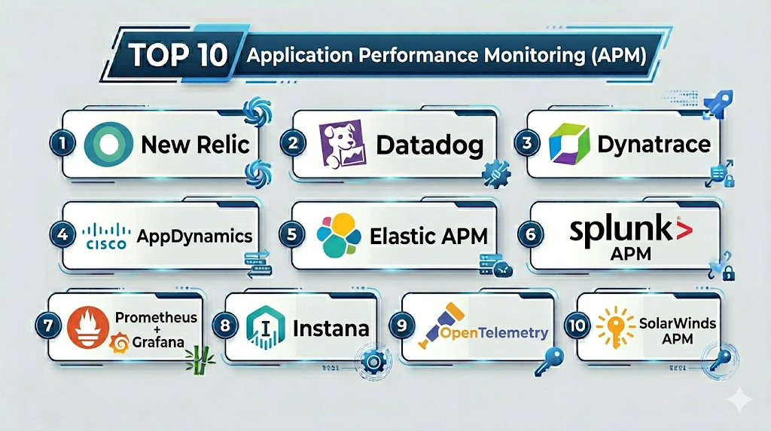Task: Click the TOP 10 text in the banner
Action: [x=178, y=54]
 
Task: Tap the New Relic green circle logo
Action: [x=108, y=144]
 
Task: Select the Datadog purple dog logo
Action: [x=343, y=144]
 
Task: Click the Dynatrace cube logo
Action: [x=569, y=144]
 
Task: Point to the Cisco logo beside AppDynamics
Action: [x=106, y=236]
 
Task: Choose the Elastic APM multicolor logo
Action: [x=338, y=235]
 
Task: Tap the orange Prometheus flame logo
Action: [x=89, y=327]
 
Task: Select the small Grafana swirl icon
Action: [x=120, y=343]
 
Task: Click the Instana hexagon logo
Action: [x=265, y=327]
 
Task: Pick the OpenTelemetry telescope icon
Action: [x=440, y=324]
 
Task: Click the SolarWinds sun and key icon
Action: [x=615, y=327]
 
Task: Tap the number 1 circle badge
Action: [x=62, y=143]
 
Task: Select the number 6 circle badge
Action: [x=531, y=234]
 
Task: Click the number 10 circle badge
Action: [x=577, y=326]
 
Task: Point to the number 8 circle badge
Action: [x=225, y=326]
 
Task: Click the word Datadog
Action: [x=430, y=145]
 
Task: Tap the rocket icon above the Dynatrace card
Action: [x=718, y=103]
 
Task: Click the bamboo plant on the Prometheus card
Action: [x=200, y=361]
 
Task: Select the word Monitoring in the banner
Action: [x=535, y=55]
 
